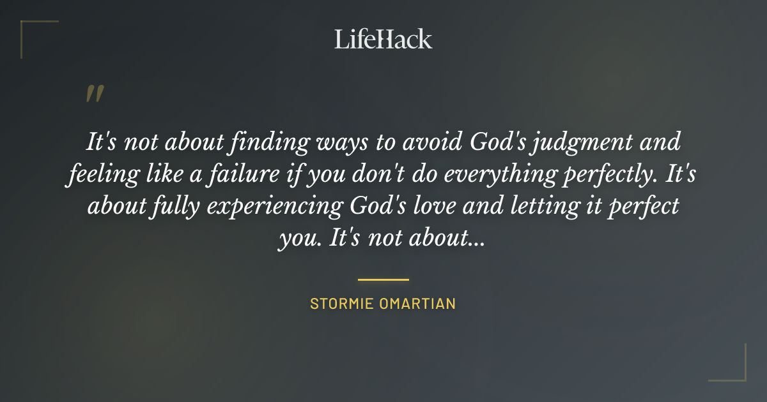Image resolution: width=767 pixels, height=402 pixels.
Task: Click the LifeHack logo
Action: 383,39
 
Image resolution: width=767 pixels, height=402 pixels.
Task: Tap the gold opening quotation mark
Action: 94,94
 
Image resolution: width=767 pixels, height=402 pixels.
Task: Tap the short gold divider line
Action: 383,279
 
